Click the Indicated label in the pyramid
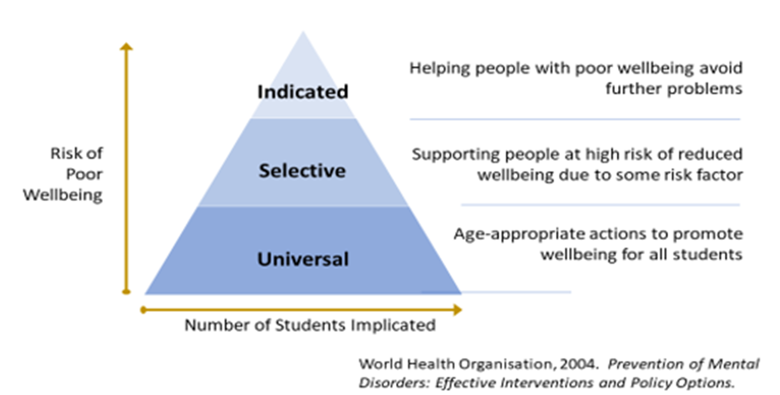point(303,92)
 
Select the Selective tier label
point(302,171)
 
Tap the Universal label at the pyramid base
point(303,259)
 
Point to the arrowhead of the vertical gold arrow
point(126,47)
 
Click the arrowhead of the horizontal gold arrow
point(458,309)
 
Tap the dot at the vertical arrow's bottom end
point(126,292)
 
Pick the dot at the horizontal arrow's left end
point(143,309)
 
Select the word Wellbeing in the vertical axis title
point(63,195)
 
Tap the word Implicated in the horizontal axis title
point(393,325)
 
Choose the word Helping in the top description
point(440,68)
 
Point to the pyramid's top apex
point(303,32)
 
